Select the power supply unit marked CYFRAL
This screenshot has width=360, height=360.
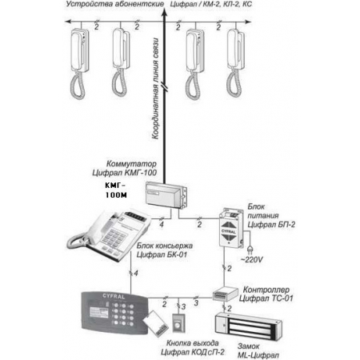tap(231, 228)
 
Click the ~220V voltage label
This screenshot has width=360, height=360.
tap(252, 259)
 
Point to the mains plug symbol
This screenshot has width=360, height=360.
tap(250, 250)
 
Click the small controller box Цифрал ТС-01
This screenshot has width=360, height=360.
tap(225, 294)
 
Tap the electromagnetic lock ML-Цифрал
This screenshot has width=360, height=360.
tap(249, 326)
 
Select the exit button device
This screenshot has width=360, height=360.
tap(178, 323)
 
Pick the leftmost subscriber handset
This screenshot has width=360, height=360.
tap(78, 63)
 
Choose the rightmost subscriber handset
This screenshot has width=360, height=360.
tap(235, 62)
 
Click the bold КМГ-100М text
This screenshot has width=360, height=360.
tap(116, 190)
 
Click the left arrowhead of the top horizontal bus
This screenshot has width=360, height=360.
tap(68, 22)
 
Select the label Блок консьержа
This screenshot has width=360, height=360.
tap(165, 246)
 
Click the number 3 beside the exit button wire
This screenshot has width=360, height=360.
tap(183, 307)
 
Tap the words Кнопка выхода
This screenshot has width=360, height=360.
tap(192, 343)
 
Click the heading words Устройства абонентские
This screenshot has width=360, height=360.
tap(115, 4)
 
